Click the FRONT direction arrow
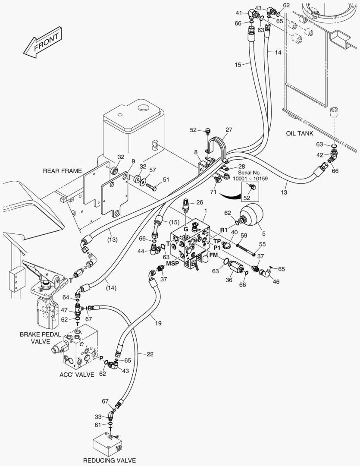pos(43,42)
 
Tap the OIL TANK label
pos(299,133)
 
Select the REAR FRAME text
pos(63,171)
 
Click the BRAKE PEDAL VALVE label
pos(41,338)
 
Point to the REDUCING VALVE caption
pos(110,460)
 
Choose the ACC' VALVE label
pos(77,375)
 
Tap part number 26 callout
pos(200,202)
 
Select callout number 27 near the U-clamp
pos(229,129)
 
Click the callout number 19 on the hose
pos(158,323)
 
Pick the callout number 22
pos(150,354)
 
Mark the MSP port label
pos(172,263)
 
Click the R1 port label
pos(224,230)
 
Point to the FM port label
pos(213,255)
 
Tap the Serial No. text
pos(249,173)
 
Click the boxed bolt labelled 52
pos(253,187)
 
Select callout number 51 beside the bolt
pos(166,179)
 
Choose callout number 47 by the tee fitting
pos(64,310)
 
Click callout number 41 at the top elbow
pos(239,13)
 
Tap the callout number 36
pos(229,280)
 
